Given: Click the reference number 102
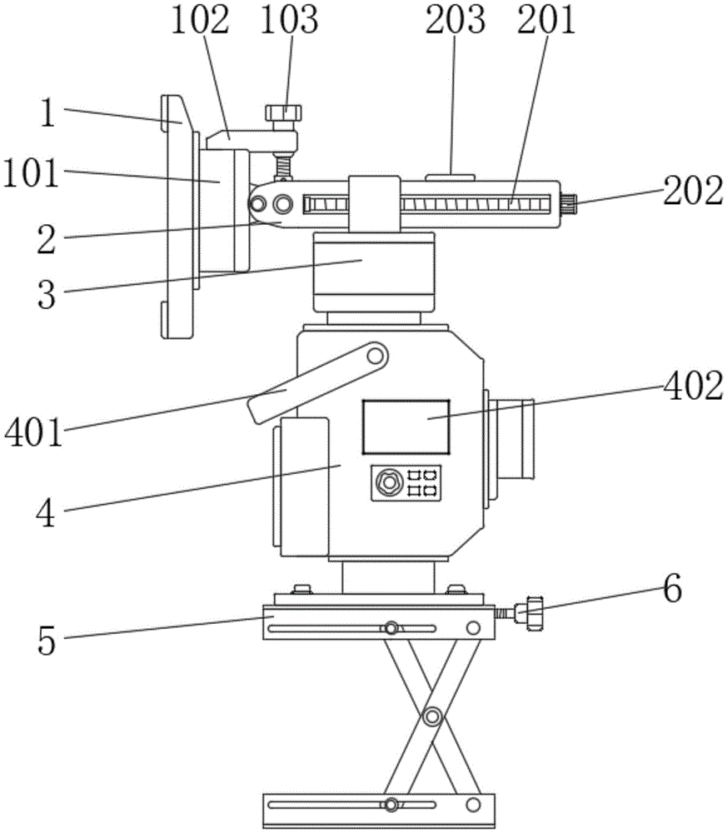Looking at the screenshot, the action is point(200,20).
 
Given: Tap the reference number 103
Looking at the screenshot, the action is point(289,20).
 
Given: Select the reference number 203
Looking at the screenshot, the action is point(456,20).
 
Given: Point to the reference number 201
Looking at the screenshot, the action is point(546,20).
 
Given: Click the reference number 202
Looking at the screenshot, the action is point(693,191).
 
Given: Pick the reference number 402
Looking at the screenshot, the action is point(693,387).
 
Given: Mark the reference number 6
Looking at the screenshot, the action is point(672,589).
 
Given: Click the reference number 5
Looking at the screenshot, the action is point(47,641).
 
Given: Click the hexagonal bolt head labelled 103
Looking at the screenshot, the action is point(284,112).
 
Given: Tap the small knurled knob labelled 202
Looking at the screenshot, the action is point(569,204).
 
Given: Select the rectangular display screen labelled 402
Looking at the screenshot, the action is point(406,427).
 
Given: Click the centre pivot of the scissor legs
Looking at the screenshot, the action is point(432,717).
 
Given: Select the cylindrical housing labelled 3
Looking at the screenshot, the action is point(374,272).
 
